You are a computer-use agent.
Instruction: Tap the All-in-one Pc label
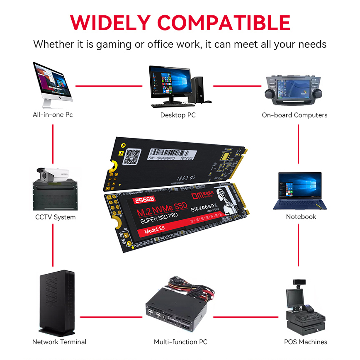click(x=53, y=115)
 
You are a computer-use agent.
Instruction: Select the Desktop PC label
click(x=178, y=115)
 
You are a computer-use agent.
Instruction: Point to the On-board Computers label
click(x=294, y=115)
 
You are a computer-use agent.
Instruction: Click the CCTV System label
click(x=55, y=217)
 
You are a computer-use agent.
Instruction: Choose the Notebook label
click(x=301, y=216)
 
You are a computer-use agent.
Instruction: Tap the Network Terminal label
click(x=59, y=342)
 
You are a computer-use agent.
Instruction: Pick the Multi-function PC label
click(x=180, y=342)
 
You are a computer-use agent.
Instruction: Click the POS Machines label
click(x=306, y=342)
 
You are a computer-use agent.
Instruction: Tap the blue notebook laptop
click(x=299, y=191)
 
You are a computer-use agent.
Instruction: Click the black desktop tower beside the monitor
click(x=198, y=89)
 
